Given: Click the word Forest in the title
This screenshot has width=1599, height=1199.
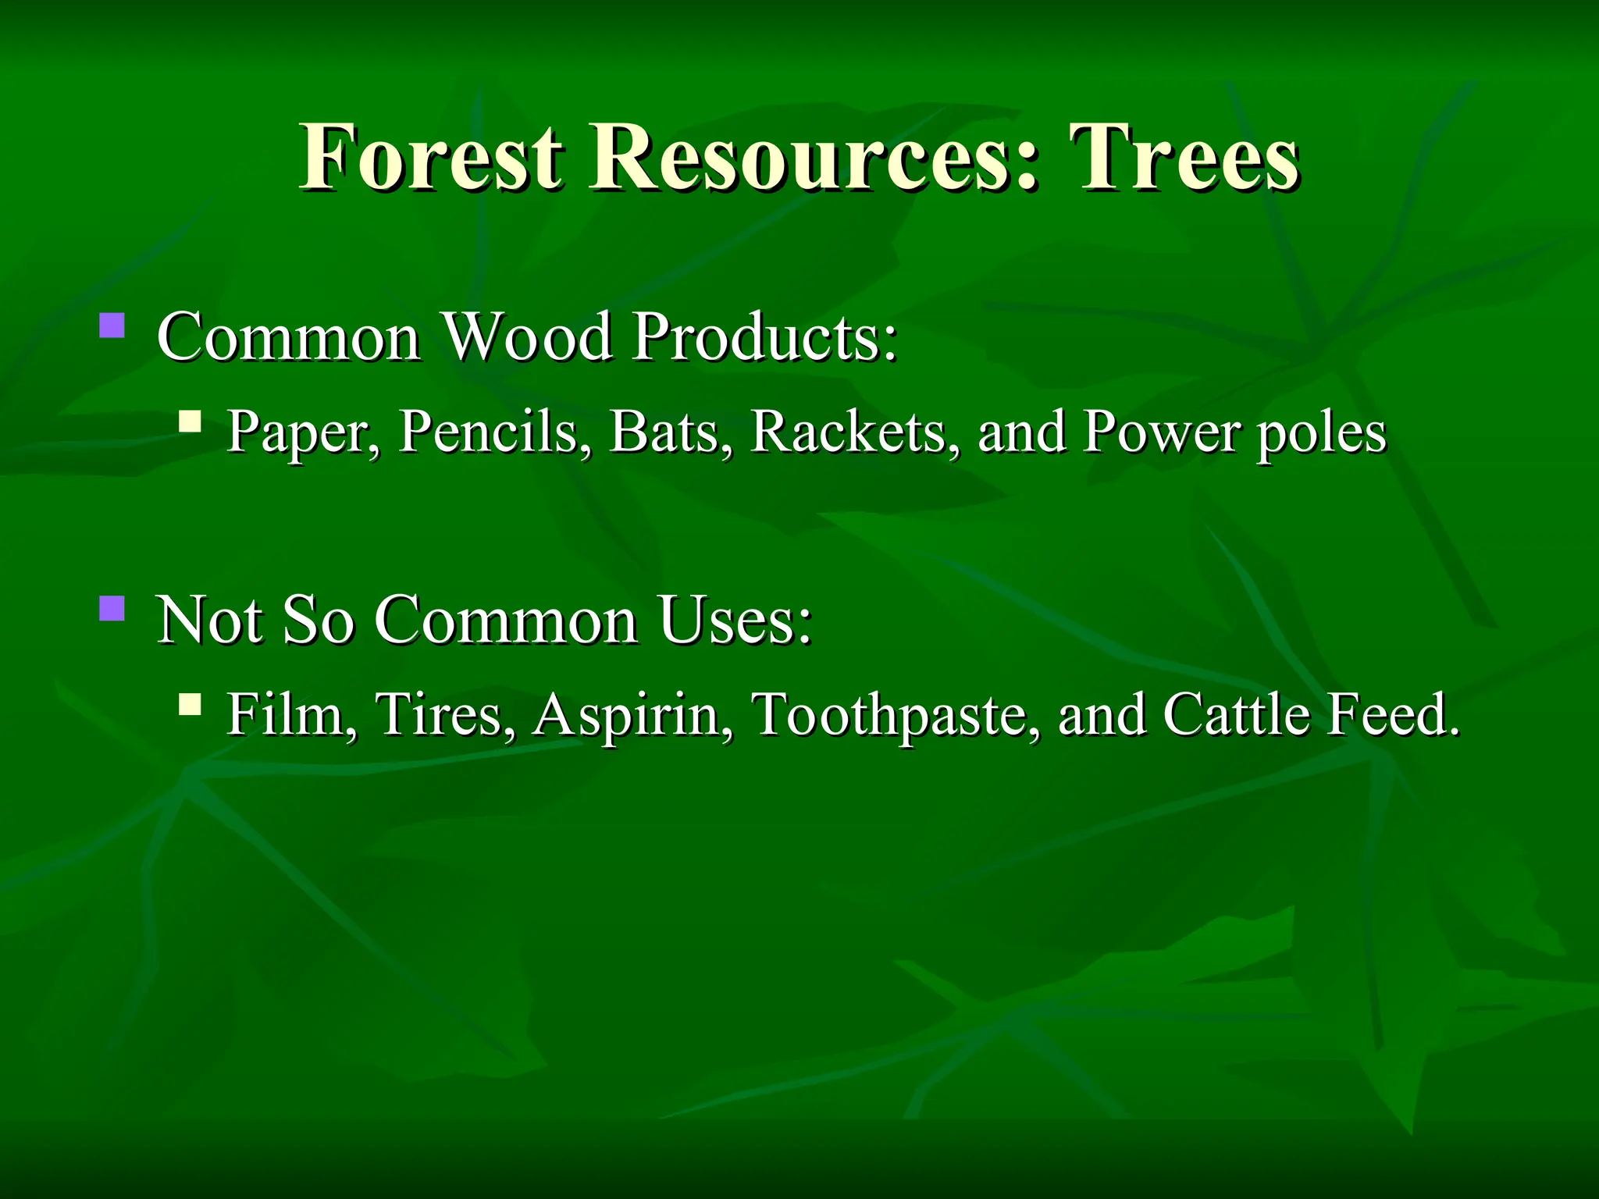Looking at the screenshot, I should pos(431,158).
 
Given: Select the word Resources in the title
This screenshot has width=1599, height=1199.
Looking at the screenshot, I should pos(815,158).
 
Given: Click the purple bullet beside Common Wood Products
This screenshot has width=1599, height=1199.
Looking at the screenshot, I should pos(112,325).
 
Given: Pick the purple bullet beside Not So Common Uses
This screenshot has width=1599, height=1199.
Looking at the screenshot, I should pos(112,607).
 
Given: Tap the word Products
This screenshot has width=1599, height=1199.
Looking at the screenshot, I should pos(764,337).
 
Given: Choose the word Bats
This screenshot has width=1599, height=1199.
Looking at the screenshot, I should pos(671,432).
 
